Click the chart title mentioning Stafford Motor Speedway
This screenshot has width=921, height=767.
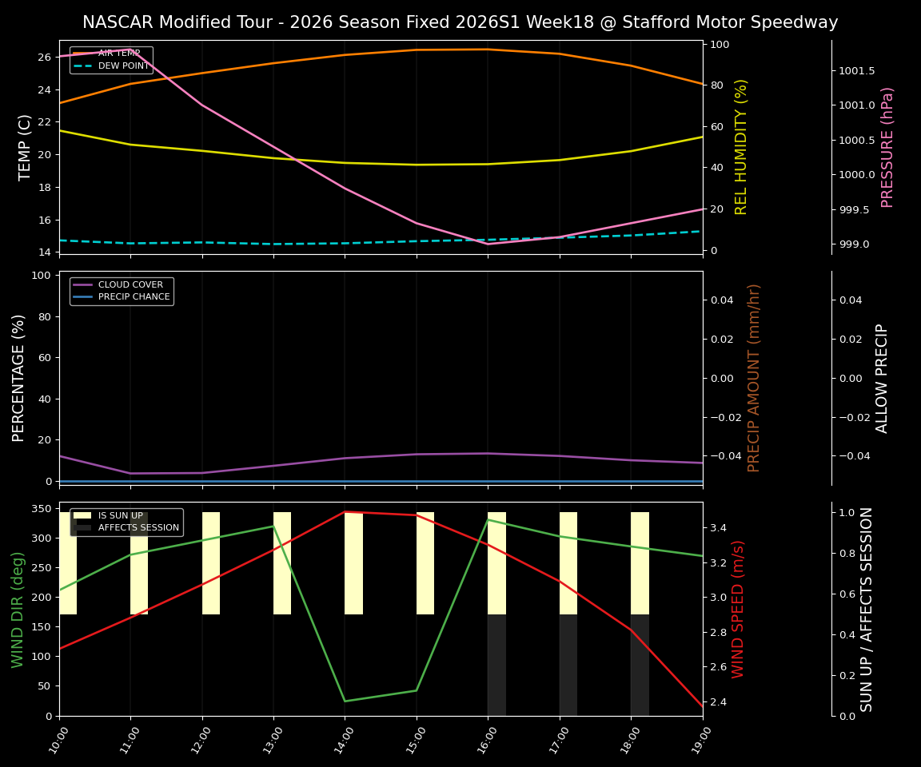460,22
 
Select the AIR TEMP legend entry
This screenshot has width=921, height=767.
118,54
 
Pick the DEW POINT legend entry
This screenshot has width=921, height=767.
123,66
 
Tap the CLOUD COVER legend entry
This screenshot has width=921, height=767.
130,284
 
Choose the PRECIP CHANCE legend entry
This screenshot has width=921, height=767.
134,297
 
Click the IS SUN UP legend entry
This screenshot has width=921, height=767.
121,515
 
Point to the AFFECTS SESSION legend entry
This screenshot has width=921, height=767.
138,528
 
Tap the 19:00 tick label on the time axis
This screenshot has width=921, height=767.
694,741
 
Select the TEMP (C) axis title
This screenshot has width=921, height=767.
25,147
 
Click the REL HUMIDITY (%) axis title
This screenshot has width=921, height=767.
741,147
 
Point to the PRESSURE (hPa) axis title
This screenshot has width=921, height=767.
887,147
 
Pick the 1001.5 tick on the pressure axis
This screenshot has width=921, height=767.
856,70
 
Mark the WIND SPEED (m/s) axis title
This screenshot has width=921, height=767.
738,609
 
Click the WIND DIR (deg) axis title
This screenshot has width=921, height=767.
18,609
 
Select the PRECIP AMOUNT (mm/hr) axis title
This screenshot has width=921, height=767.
754,377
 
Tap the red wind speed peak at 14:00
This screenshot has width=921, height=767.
345,511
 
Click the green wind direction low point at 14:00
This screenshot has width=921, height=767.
345,701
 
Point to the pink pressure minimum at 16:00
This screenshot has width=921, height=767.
488,244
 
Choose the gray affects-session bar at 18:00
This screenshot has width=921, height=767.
640,665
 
